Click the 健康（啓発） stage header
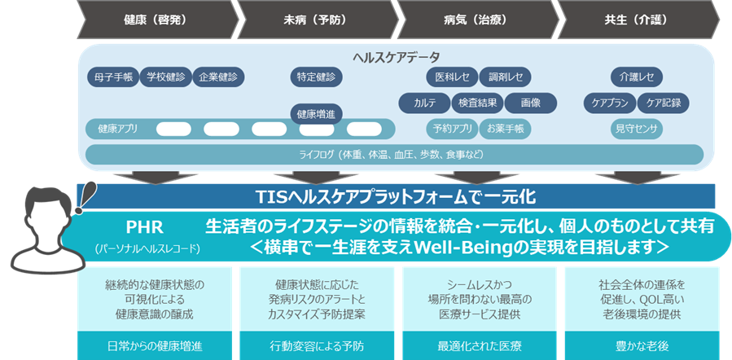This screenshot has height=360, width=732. (155, 17)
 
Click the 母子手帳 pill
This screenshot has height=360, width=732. (112, 77)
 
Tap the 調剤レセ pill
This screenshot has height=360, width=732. (506, 77)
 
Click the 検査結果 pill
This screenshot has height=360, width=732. (477, 103)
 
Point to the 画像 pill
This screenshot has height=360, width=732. (530, 103)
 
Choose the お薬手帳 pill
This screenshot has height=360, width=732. (506, 129)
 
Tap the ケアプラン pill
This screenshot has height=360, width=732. (608, 103)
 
